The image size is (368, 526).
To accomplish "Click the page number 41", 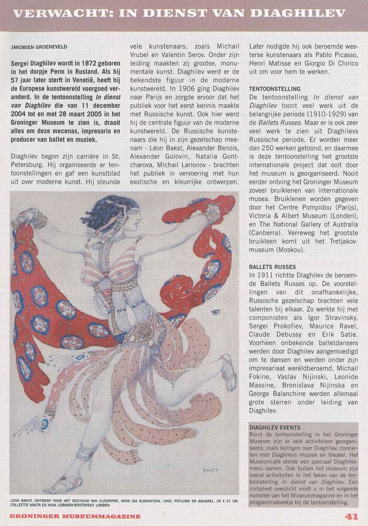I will tap(352, 516).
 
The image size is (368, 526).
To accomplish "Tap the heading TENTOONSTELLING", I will tap(275, 89).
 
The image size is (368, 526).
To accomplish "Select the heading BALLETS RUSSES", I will tap(273, 267).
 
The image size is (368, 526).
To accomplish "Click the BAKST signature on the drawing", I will tap(210, 470).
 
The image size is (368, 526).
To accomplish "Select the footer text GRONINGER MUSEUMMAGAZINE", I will tap(75, 517).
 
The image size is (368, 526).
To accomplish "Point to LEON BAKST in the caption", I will tap(23, 500).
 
